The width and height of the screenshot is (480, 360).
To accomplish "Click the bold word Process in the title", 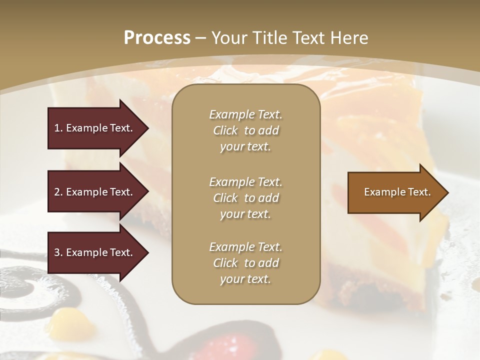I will pos(157,38).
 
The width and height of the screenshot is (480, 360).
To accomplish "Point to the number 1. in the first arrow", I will pos(58,128).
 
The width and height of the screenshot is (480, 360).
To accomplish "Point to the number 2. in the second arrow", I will pos(58,192).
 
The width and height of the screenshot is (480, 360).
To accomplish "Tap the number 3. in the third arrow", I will pos(58,252).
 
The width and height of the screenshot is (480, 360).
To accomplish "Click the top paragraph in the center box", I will pos(245,130).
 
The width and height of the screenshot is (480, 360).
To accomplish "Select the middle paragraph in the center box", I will pos(245,198).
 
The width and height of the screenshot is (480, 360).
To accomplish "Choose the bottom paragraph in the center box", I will pos(245,263).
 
